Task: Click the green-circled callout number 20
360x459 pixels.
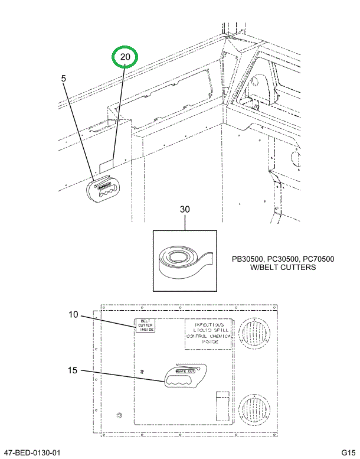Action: tap(125, 57)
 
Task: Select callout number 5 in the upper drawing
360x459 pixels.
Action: tap(64, 77)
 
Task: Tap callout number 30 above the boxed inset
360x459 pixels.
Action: tap(185, 210)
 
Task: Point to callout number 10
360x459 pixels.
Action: tap(73, 315)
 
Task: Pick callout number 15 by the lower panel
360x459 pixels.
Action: tap(73, 370)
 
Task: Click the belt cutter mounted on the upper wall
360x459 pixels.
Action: tap(103, 190)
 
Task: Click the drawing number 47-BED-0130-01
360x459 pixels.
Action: tap(32, 453)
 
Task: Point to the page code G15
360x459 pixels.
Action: tap(348, 453)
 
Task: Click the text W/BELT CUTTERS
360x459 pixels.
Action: tap(283, 268)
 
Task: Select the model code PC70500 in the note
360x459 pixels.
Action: tap(318, 259)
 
